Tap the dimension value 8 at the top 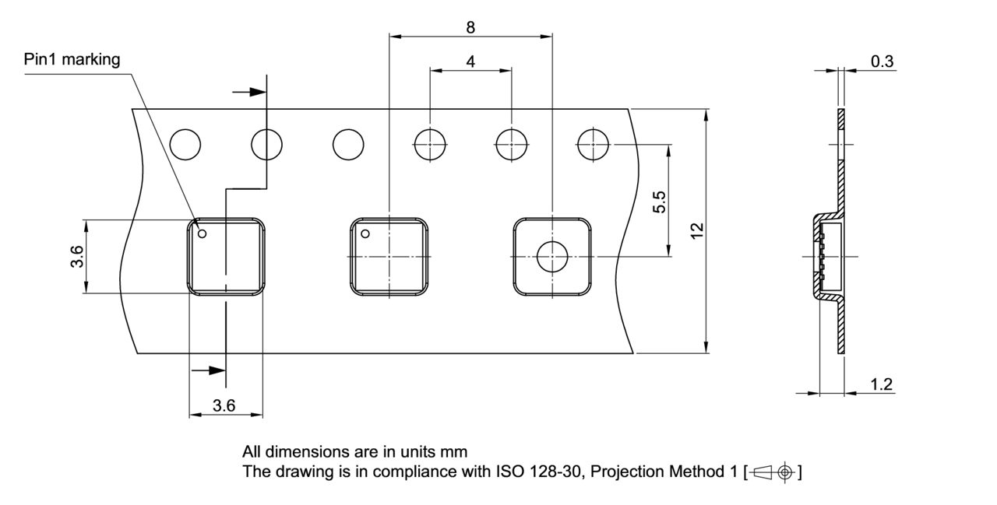click(470, 26)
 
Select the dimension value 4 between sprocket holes click(471, 61)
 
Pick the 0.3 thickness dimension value click(882, 61)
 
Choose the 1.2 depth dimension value click(882, 384)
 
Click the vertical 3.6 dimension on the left click(76, 256)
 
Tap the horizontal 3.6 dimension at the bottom click(224, 405)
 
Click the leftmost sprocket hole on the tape click(185, 144)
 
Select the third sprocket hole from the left click(348, 144)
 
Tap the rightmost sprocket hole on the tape click(593, 144)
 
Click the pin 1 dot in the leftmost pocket click(201, 232)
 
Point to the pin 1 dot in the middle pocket click(364, 233)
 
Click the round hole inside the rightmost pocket click(551, 257)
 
